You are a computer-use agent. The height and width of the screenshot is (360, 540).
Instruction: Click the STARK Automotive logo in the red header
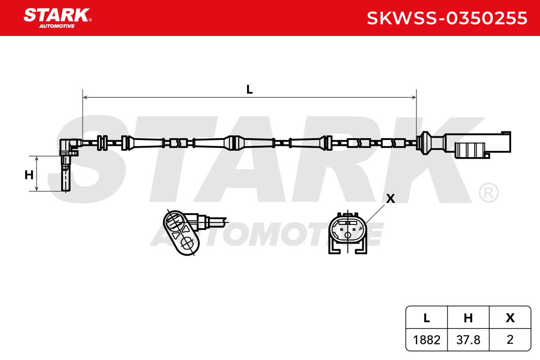tap(58, 18)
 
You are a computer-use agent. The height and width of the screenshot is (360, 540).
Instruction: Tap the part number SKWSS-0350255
tap(447, 18)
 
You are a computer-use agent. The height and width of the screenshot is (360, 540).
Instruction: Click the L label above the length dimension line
tap(249, 90)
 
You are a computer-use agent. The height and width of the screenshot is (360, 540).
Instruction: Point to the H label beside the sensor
tap(29, 175)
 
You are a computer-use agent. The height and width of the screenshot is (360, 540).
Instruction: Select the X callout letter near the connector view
tap(391, 198)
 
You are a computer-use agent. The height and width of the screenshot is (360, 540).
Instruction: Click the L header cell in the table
tap(427, 318)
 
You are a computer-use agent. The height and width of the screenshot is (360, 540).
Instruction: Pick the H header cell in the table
tap(468, 318)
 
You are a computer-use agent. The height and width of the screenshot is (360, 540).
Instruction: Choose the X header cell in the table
tap(510, 318)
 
